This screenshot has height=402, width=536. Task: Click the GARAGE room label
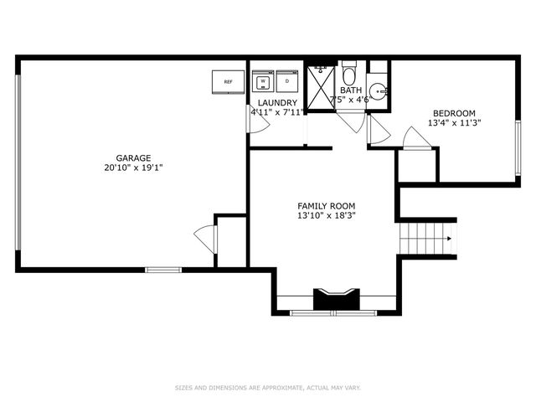(x=133, y=158)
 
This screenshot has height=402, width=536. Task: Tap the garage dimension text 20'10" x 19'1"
(x=133, y=167)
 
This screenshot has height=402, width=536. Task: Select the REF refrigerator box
(x=228, y=82)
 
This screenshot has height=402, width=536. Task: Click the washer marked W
(x=263, y=81)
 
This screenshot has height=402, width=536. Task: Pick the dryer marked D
(x=287, y=81)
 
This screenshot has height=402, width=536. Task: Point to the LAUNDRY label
(x=277, y=102)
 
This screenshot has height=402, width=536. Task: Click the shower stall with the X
(x=320, y=87)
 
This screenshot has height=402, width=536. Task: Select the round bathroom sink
(x=379, y=91)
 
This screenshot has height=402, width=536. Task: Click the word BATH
(x=351, y=90)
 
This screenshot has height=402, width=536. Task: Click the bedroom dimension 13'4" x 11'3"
(x=454, y=123)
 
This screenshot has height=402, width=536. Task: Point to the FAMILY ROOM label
(x=326, y=206)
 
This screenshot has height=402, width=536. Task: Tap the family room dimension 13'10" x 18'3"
(x=327, y=216)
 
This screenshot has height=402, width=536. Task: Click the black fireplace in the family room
(x=337, y=300)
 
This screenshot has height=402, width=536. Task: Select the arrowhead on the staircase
(x=450, y=239)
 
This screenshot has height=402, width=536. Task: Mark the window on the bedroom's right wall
(x=518, y=148)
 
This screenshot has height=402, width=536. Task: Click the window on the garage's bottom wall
(x=163, y=270)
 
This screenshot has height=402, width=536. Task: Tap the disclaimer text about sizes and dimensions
(x=268, y=388)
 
